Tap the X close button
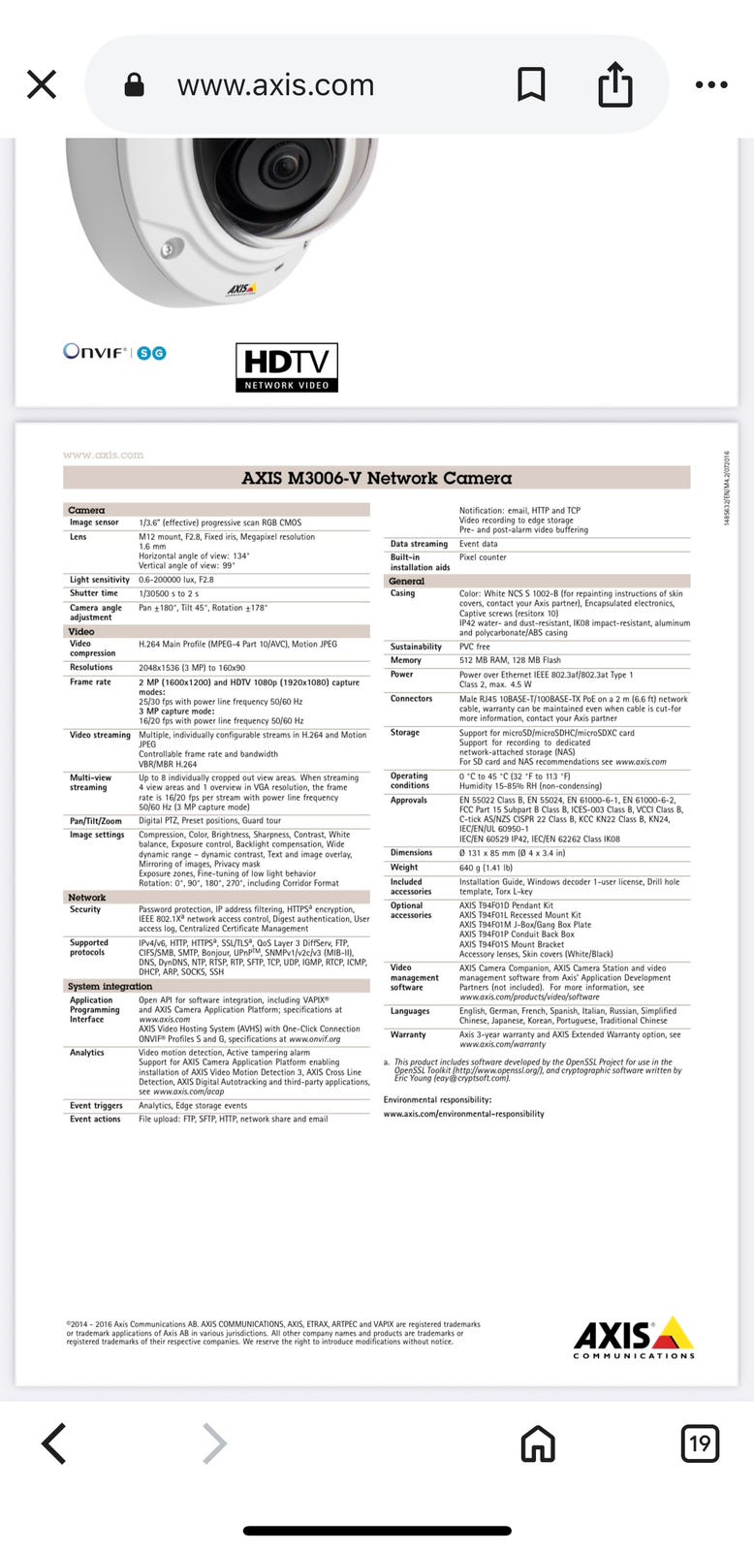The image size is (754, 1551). point(42,85)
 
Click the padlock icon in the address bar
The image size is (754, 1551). point(135,85)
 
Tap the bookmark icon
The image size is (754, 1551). point(530,85)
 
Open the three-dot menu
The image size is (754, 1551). point(710,85)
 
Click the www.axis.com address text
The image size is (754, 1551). point(275,85)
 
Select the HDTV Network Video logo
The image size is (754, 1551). point(287,367)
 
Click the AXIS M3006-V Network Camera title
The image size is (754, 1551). point(376,478)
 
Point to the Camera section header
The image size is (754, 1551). point(87,510)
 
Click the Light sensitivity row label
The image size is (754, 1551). point(99,580)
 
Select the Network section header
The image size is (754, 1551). point(87,898)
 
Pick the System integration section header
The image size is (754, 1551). point(110,986)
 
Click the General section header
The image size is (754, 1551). point(407,581)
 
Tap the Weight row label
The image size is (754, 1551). point(404,868)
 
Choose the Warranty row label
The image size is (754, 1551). point(408,1035)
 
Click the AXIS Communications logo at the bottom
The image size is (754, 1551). point(634,1339)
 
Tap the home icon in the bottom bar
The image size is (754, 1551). point(538,1443)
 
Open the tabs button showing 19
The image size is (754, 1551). point(700,1443)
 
